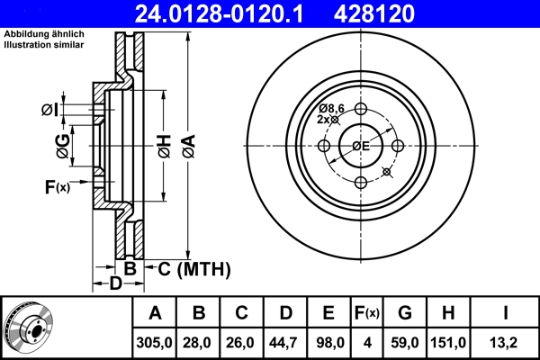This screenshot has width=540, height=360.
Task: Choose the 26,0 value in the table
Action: click(242, 342)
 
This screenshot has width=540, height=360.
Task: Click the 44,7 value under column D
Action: click(285, 342)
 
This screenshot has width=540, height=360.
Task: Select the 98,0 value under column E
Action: click(328, 342)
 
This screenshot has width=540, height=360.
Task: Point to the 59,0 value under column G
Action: click(405, 342)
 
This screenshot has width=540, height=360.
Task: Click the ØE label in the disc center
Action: click(361, 146)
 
